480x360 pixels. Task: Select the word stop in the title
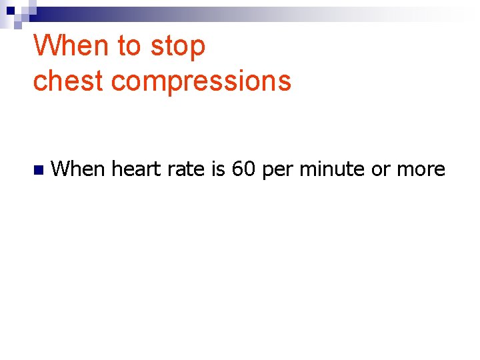coord(177,48)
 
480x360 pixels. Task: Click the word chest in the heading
coord(69,81)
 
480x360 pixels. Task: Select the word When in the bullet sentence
coord(78,169)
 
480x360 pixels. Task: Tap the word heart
coord(136,169)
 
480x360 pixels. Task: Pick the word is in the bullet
coord(219,169)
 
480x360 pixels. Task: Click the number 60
coord(244,169)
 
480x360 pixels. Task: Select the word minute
coord(331,169)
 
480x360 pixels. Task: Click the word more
coord(421,170)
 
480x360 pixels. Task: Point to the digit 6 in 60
coord(238,169)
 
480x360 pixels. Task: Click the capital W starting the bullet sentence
coord(59,169)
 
